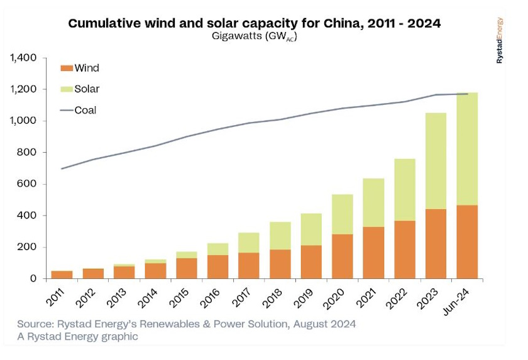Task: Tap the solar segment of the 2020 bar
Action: [342, 214]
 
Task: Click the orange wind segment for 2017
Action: [249, 265]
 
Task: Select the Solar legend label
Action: [87, 89]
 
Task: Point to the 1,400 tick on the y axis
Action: [25, 58]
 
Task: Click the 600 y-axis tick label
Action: [30, 184]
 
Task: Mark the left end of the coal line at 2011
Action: [62, 168]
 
